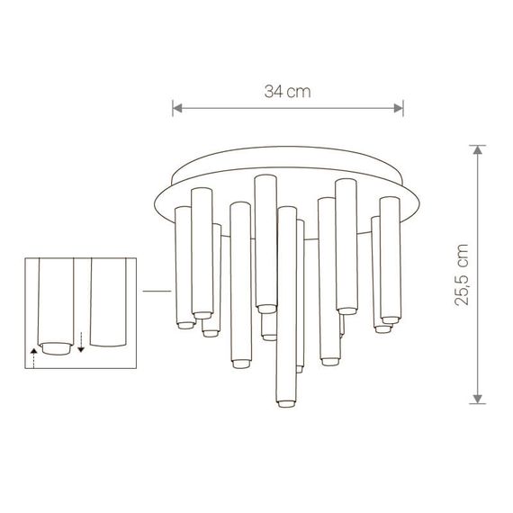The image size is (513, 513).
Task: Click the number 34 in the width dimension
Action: [x=274, y=92]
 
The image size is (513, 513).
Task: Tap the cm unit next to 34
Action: [x=300, y=92]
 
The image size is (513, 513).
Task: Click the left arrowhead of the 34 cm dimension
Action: [x=177, y=109]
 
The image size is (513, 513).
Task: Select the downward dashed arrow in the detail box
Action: [x=81, y=342]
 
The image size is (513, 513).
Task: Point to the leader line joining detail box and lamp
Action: [x=157, y=291]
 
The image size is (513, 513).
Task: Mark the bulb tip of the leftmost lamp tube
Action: [x=184, y=323]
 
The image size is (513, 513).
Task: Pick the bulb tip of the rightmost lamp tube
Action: [x=390, y=319]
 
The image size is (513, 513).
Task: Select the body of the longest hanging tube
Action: [x=285, y=306]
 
